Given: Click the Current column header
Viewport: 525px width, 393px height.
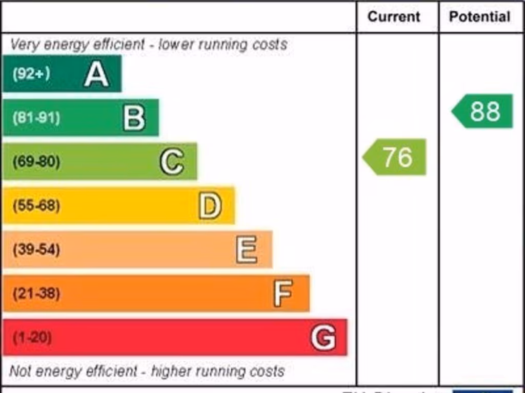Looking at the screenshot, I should pos(394,17).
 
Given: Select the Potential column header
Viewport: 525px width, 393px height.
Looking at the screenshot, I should pos(479,17).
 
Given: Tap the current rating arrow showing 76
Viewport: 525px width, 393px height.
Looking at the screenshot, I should pos(395,157).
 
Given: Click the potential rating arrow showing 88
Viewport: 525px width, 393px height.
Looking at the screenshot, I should pos(483,111).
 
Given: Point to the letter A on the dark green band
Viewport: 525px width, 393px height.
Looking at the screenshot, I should pos(96,74).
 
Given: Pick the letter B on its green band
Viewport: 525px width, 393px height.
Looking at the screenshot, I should pos(134,118).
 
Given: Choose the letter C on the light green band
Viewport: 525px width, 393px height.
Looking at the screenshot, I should pos(172,162).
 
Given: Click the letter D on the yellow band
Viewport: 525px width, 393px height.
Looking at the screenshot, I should pos(210,206).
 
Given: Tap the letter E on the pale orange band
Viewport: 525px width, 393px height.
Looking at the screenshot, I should pos(247,250).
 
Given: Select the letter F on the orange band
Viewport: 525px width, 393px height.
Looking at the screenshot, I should pos(284,293).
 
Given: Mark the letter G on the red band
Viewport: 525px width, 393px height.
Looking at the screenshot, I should pos(324,338).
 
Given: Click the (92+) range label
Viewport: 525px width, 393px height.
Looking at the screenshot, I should pos(32,74).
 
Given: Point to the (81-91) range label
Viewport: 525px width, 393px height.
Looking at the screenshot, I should pos(36,118).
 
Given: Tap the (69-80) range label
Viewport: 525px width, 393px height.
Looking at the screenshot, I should pos(36,162).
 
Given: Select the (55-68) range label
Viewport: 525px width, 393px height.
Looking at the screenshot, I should pos(36,206).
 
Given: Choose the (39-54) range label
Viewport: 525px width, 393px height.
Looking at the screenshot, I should pos(36,250).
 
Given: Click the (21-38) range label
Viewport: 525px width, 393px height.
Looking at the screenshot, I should pos(36,294).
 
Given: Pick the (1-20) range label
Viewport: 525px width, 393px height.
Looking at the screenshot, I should pos(32,338).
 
